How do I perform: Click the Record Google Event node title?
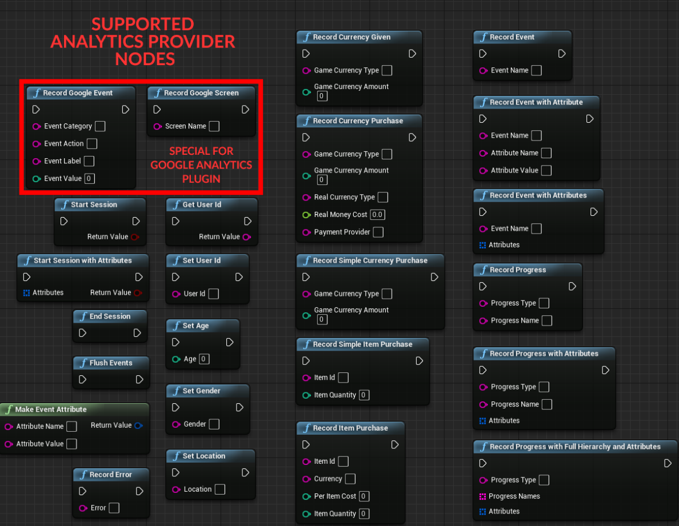pos(78,93)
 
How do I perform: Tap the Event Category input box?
pos(100,126)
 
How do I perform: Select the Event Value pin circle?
pos(37,179)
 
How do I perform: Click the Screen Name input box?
pos(214,126)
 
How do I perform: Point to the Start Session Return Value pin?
pos(135,237)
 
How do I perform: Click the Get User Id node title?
pos(202,204)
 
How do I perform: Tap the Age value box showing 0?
pos(204,359)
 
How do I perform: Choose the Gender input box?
pos(214,424)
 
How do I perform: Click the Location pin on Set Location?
pos(176,489)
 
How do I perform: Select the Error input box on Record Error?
pos(114,508)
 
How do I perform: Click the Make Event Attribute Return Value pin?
pos(138,425)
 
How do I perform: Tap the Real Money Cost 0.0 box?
pos(377,215)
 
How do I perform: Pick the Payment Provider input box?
pos(378,232)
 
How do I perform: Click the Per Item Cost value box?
pos(364,496)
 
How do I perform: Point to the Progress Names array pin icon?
pos(482,496)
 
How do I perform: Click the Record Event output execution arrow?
pos(562,54)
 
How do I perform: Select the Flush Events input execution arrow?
pos(83,379)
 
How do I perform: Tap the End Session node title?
pos(110,316)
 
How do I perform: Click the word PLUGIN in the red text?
pos(201,178)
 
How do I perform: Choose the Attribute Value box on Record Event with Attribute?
pos(546,170)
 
